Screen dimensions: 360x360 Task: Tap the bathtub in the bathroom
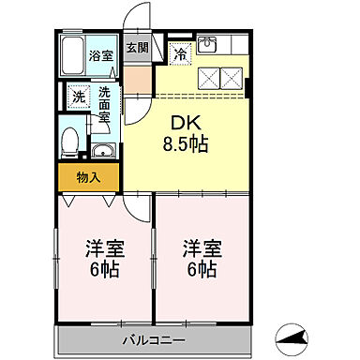tap(71, 57)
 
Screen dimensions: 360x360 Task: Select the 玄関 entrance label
tap(137, 48)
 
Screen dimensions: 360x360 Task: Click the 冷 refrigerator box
tap(180, 55)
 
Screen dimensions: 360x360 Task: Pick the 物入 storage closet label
tap(88, 176)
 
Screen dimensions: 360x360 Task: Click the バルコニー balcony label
tap(153, 338)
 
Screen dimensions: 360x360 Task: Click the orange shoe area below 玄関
tap(137, 76)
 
